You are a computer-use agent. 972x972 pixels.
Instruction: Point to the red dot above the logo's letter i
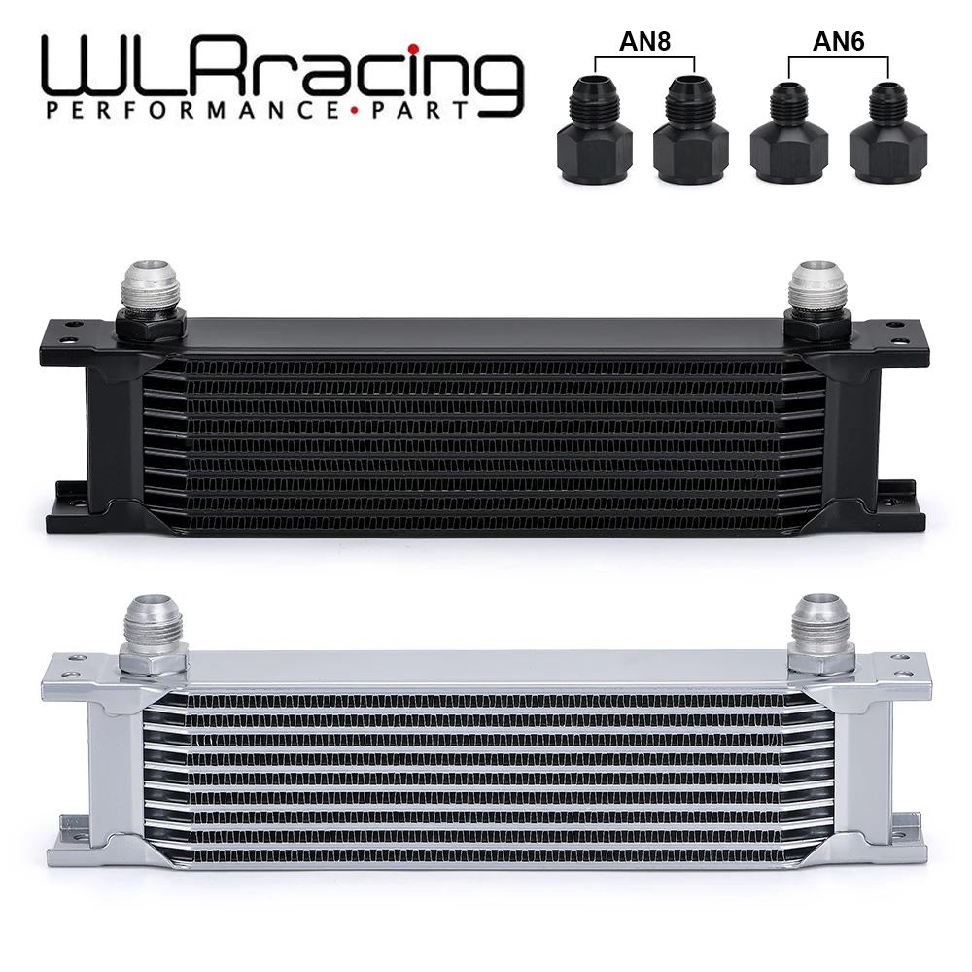pos(413,47)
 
